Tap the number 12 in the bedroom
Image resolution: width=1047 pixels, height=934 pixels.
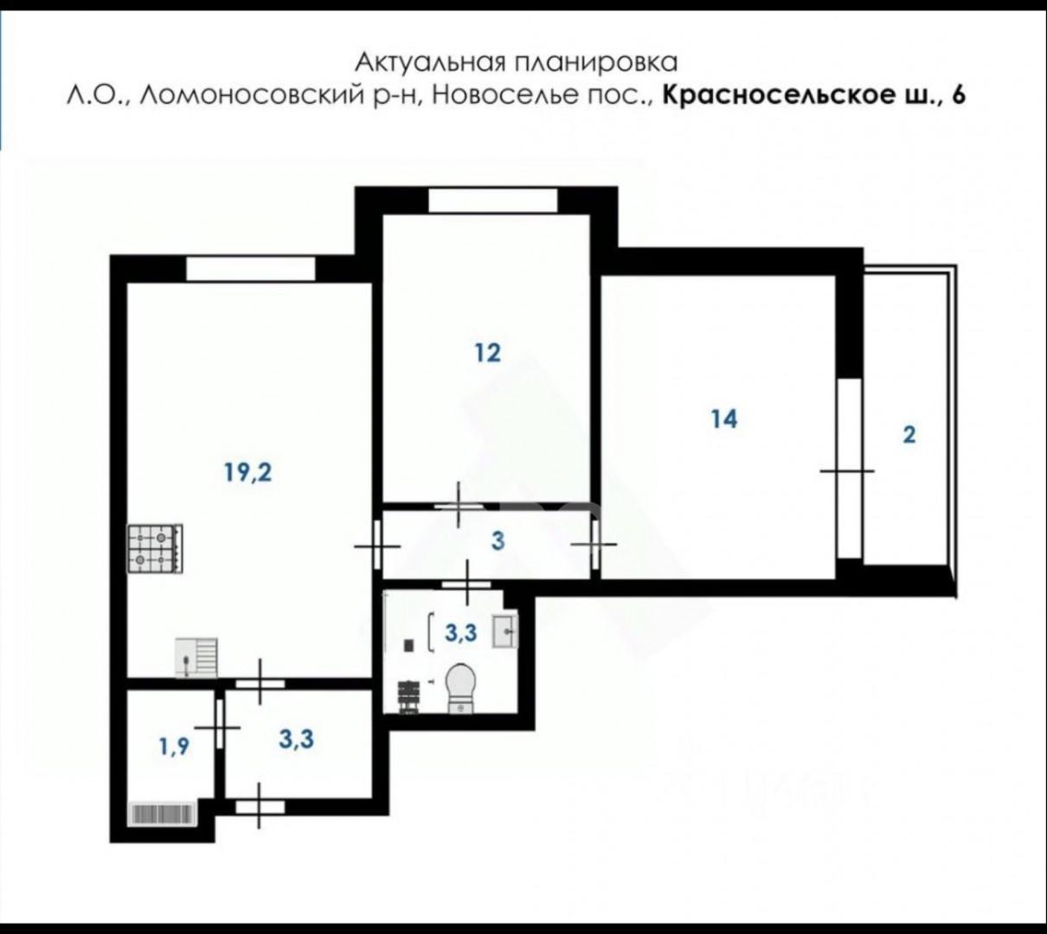coord(487,353)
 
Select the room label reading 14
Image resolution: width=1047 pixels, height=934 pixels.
coord(723,419)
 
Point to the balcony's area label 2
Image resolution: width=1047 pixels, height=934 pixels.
coord(909,434)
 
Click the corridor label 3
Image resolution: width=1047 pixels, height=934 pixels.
coord(498,542)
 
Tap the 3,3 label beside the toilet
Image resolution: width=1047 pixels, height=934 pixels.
coord(460,633)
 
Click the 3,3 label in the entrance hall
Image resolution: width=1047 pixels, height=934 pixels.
coord(296,740)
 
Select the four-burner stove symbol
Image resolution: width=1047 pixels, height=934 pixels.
coord(155,549)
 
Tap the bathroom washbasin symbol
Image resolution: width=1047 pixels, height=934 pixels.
coord(504,630)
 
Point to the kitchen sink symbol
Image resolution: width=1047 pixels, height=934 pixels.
coord(196,656)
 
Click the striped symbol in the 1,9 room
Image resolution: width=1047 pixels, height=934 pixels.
coord(161,813)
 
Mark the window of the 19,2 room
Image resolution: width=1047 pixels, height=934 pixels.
coord(251,269)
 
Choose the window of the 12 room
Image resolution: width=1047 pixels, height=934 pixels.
coord(493,201)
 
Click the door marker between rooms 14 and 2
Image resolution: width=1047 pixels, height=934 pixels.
coord(847,470)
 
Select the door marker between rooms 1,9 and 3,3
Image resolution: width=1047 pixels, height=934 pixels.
coord(222,728)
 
